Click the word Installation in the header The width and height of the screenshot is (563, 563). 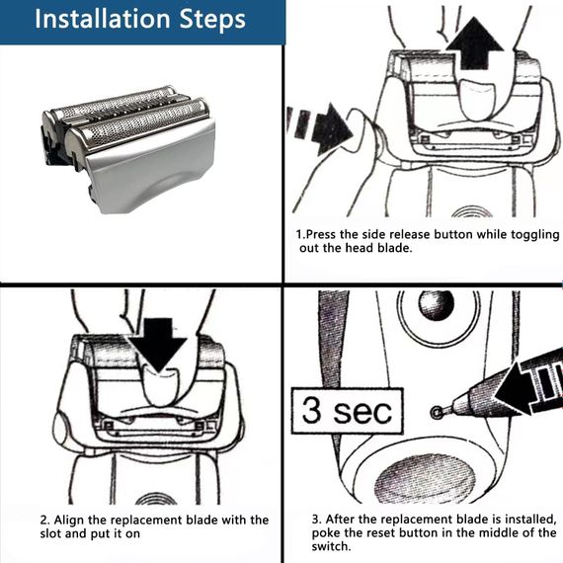click(x=102, y=19)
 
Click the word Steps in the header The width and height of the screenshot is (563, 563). click(x=212, y=20)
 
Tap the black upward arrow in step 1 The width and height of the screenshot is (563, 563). click(x=474, y=43)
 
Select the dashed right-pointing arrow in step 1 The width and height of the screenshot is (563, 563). click(x=320, y=128)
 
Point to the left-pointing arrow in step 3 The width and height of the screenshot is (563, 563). click(x=527, y=388)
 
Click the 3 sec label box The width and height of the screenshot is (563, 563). click(x=348, y=411)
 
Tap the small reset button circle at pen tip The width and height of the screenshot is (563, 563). click(x=437, y=413)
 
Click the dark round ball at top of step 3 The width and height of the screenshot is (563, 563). click(x=437, y=305)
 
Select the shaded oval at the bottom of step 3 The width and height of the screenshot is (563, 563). click(x=426, y=477)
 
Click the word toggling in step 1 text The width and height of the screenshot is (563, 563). click(x=535, y=235)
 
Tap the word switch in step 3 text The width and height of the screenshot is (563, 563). click(x=330, y=546)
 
